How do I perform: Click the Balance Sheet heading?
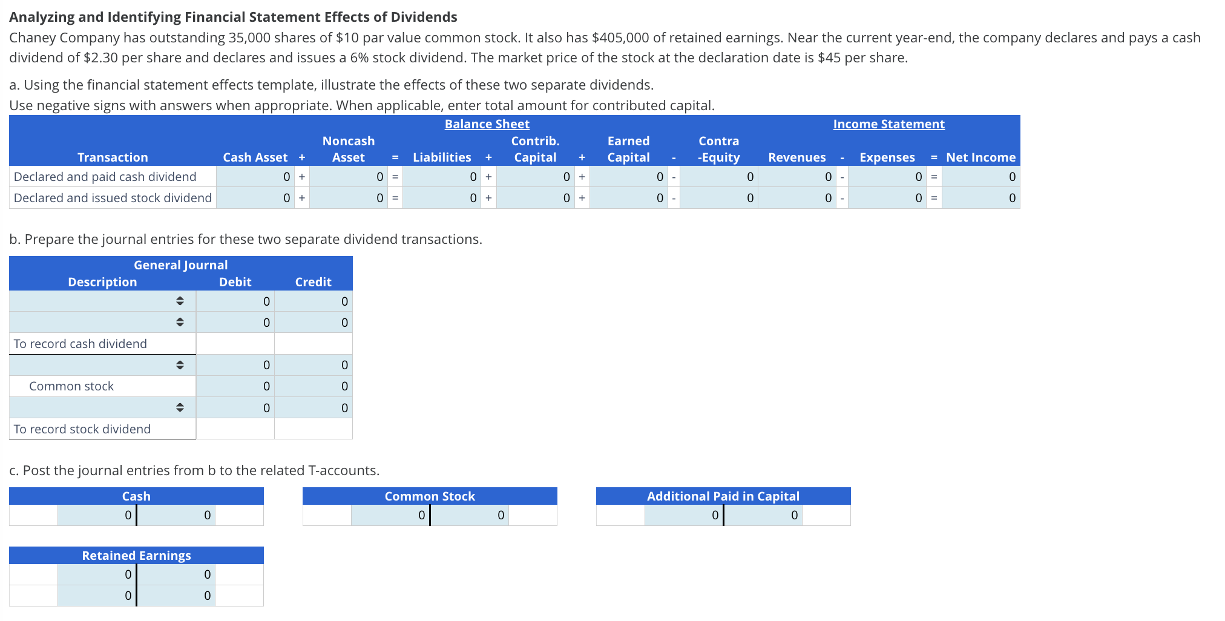[487, 124]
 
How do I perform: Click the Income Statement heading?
[888, 124]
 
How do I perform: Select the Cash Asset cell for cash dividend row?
[256, 177]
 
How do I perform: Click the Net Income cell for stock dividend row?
[980, 198]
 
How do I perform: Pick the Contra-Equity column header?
[718, 149]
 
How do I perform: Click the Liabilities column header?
[442, 157]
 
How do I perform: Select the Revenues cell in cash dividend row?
[796, 177]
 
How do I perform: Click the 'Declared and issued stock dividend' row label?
[113, 198]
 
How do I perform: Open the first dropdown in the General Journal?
[180, 301]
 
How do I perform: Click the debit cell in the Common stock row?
[235, 386]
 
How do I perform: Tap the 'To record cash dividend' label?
[80, 344]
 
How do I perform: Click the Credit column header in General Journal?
[313, 282]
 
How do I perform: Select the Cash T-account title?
[136, 496]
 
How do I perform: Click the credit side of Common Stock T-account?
[469, 515]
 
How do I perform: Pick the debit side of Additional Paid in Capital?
[684, 515]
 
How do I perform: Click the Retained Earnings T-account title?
[136, 556]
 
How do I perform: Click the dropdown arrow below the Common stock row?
[180, 407]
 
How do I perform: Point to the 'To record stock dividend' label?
[82, 429]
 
